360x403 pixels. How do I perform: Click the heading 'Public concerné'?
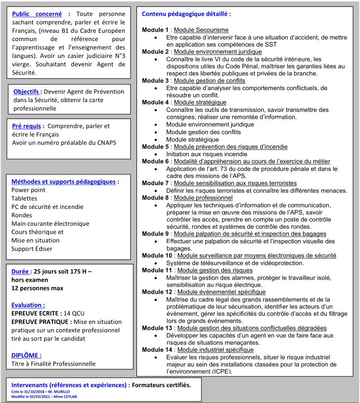38,14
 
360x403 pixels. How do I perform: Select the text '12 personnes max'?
37,288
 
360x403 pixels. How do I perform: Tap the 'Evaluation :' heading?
28,305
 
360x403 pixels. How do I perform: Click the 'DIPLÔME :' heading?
26,354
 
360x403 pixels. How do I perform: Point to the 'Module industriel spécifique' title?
216,350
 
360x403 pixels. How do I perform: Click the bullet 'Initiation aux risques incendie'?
207,154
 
